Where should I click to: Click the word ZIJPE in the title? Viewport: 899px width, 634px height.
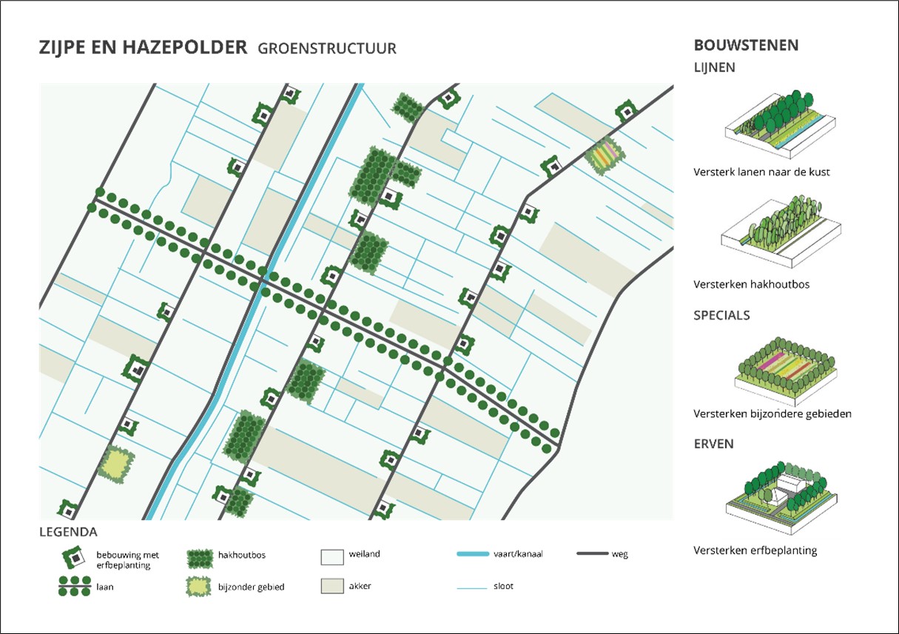click(62, 48)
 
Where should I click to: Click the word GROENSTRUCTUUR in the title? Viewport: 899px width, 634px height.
click(327, 49)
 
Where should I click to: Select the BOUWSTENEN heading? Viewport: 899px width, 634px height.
click(746, 45)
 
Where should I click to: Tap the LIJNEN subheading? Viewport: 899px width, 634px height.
click(714, 67)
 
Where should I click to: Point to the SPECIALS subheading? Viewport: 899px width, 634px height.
click(721, 315)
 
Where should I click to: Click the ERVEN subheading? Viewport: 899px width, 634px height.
click(713, 444)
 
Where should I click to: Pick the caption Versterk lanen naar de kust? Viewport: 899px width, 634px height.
click(761, 172)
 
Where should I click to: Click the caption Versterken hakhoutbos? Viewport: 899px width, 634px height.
click(750, 284)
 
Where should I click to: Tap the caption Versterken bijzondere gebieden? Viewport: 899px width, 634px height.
click(772, 414)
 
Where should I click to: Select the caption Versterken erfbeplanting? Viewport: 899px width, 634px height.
click(755, 550)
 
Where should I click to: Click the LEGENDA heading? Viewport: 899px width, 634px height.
click(68, 532)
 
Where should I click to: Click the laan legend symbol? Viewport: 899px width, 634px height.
click(74, 586)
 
